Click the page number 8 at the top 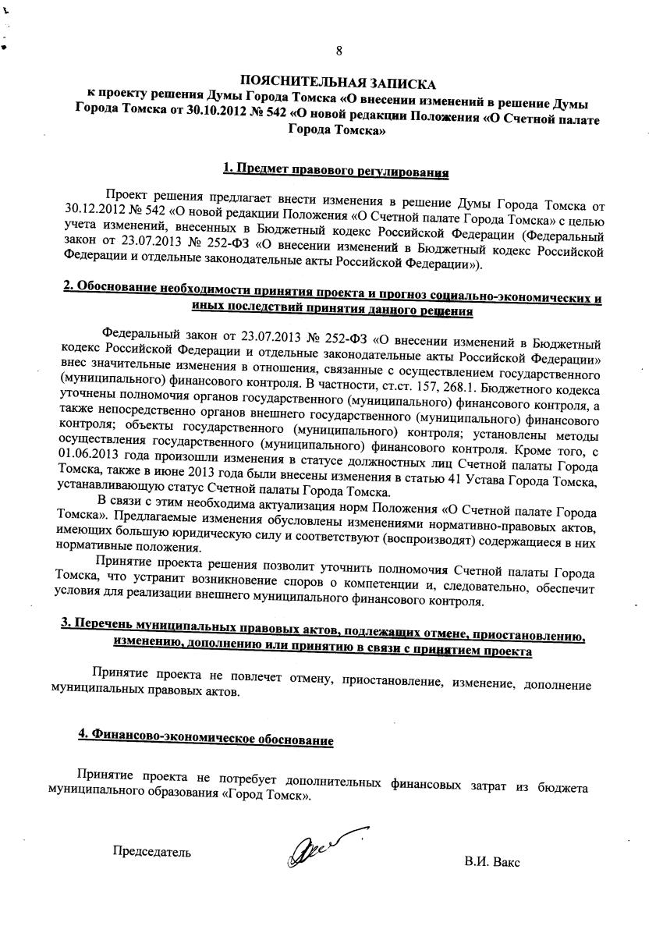pyautogui.click(x=339, y=51)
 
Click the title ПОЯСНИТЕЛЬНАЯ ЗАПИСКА pyautogui.click(x=338, y=81)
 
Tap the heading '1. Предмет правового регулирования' pyautogui.click(x=335, y=169)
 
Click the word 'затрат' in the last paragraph pyautogui.click(x=487, y=783)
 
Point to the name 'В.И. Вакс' pyautogui.click(x=491, y=863)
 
